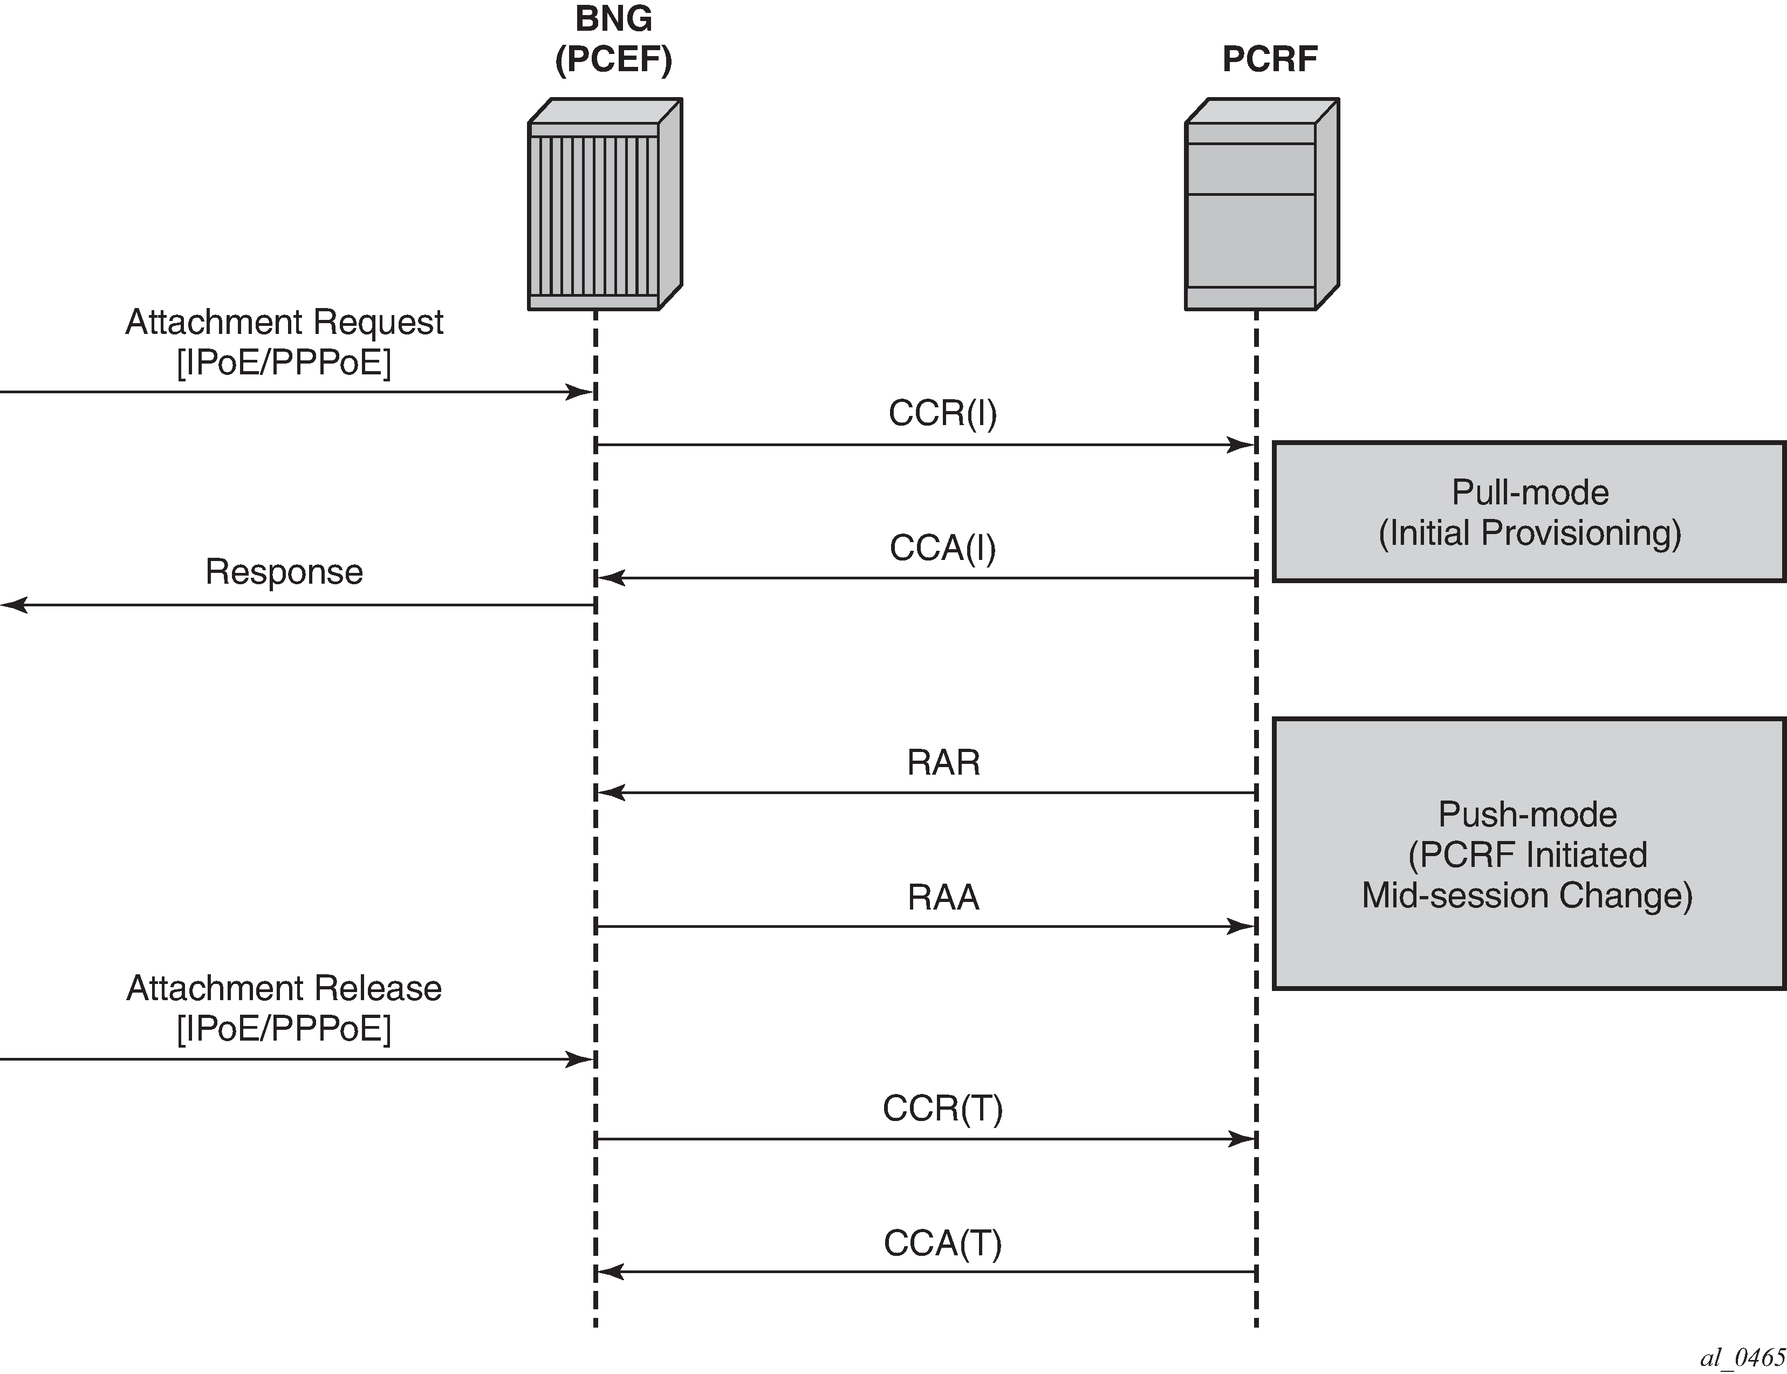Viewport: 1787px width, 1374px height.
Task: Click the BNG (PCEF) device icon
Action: coord(605,204)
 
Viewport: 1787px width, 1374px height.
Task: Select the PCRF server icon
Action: coord(1261,204)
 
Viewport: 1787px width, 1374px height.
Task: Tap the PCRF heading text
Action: coord(1269,59)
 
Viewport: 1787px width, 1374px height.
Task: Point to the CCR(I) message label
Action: coord(942,414)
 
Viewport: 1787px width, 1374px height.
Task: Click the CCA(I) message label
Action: coord(942,548)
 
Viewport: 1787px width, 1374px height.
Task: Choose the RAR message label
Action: coord(943,762)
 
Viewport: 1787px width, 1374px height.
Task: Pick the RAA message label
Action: coord(943,897)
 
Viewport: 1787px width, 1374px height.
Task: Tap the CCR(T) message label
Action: coord(942,1108)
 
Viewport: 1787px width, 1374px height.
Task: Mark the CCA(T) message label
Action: coord(942,1243)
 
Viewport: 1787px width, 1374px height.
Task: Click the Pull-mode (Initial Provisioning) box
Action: coord(1529,512)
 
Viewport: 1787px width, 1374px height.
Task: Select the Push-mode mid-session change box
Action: coord(1529,854)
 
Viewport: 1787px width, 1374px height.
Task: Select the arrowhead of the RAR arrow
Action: coord(611,792)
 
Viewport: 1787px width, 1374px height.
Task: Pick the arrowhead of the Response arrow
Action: coord(14,605)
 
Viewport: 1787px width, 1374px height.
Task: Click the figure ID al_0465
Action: coord(1742,1358)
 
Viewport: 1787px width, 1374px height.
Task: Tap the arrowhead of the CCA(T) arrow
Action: coord(611,1272)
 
